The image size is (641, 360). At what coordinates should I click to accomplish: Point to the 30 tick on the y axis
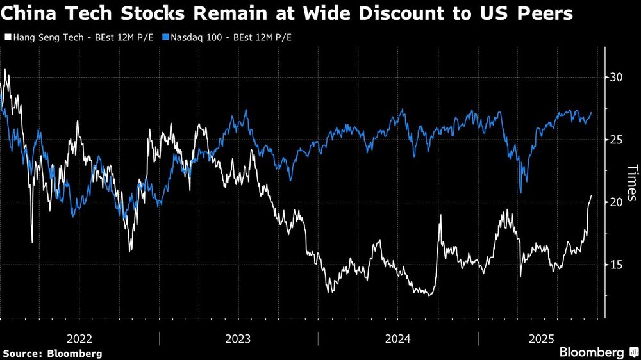point(616,77)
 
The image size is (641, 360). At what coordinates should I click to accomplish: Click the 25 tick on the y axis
point(616,140)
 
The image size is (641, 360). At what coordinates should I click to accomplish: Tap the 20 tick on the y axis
point(616,202)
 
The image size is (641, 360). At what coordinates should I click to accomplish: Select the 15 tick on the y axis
point(616,265)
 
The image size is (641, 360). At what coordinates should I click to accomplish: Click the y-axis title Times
point(631,183)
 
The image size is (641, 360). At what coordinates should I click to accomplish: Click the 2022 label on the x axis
point(79,338)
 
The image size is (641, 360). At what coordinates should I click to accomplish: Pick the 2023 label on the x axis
point(238,338)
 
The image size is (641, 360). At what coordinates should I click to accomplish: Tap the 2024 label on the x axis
point(397,338)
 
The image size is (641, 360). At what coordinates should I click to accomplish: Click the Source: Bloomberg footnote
point(52,353)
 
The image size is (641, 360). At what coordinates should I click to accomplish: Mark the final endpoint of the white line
point(591,195)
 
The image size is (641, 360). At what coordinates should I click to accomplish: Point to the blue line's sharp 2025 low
point(520,192)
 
